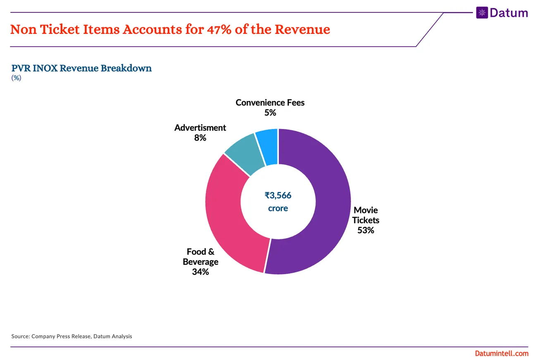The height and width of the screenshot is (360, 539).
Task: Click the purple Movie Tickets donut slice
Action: pos(327,207)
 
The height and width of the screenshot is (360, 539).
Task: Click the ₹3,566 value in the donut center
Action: pos(278,195)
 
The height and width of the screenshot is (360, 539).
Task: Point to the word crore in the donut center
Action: pos(278,208)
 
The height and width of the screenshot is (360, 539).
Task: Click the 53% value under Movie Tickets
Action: pos(365,231)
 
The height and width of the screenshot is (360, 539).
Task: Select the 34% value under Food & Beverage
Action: pos(200,272)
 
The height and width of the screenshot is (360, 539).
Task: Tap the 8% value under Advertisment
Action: pos(200,138)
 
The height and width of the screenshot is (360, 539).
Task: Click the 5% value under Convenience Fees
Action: pos(270,113)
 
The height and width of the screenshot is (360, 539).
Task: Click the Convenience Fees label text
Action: pos(270,103)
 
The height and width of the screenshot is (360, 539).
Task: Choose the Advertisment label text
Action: pos(200,128)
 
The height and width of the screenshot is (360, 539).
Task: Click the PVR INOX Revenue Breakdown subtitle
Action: pos(81,68)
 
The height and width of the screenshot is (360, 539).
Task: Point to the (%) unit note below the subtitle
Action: pos(16,78)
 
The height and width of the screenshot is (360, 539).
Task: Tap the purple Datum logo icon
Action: pos(482,13)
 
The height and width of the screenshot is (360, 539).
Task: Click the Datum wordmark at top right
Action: pos(509,13)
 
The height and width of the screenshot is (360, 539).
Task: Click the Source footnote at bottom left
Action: pos(72,336)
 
